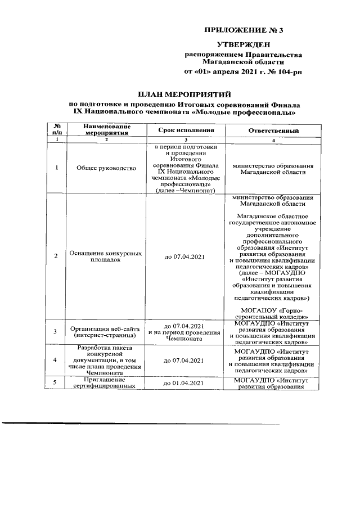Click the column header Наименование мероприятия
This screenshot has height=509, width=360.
tap(105, 130)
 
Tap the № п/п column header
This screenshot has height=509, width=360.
tap(56, 130)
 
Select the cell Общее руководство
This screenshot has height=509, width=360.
tap(105, 168)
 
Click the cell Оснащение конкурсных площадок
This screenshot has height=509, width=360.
tap(105, 257)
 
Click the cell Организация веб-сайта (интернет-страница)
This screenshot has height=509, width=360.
tap(105, 332)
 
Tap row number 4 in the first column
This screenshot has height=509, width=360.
tap(56, 360)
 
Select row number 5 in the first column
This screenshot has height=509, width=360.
tap(56, 384)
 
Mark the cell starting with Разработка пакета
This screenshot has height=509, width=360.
tap(105, 360)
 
